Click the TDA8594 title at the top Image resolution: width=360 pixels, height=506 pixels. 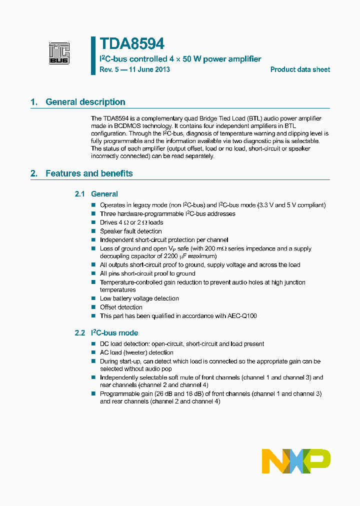coord(132,44)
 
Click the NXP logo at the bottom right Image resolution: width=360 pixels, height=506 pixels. coord(296,461)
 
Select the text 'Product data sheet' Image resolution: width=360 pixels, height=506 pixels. coord(300,69)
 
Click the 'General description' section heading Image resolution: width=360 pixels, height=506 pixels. coord(85,102)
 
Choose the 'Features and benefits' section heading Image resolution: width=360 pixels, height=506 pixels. coord(89,173)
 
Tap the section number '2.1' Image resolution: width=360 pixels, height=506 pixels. coord(80,194)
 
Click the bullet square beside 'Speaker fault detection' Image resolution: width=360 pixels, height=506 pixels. coord(93,231)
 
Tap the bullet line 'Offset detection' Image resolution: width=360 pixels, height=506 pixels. coord(121,307)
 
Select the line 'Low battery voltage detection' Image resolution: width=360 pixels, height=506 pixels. coord(139,298)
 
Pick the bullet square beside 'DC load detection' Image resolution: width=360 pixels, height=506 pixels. coord(93,344)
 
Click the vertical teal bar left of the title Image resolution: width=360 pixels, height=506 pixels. coord(93,55)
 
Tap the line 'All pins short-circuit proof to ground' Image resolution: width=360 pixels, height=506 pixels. coord(147,273)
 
